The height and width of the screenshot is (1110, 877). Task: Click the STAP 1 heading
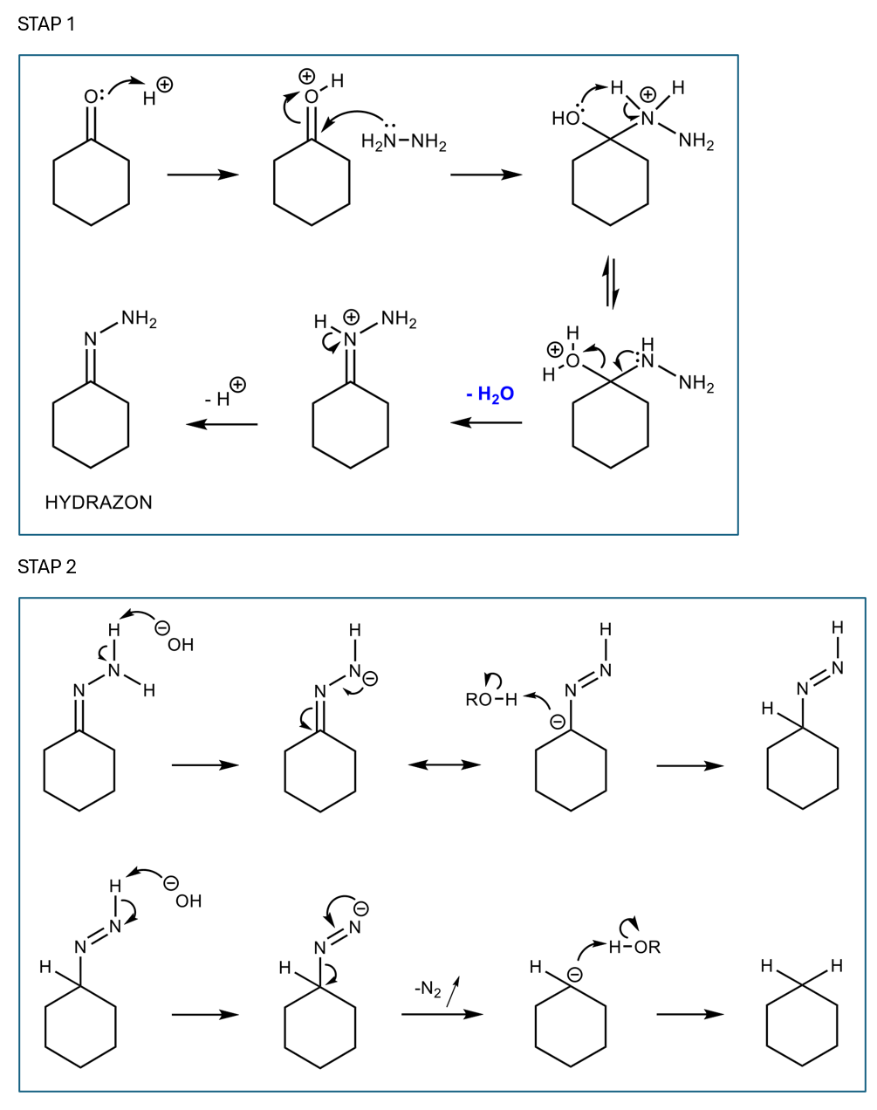point(46,24)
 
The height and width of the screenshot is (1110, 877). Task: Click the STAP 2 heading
point(47,567)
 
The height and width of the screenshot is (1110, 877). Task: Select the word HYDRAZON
point(99,503)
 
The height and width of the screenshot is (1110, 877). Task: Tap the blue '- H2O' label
point(490,394)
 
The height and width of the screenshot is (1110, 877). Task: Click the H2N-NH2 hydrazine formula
point(403,142)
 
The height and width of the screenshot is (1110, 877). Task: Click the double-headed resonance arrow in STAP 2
point(444,765)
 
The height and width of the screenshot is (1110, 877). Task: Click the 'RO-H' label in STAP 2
point(491,700)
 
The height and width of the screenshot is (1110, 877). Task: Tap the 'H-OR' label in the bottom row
point(634,947)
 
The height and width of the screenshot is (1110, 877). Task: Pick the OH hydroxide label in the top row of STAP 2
point(180,645)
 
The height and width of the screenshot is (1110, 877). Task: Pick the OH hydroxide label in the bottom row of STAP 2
point(188,901)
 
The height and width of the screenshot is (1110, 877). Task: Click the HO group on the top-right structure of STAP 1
point(565,119)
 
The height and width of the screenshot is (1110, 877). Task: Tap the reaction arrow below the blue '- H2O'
point(486,423)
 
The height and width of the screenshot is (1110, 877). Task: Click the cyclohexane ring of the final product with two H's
point(801,1026)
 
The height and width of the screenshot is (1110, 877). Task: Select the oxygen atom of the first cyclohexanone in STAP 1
point(91,97)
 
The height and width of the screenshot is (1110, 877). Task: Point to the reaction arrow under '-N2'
point(442,1014)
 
